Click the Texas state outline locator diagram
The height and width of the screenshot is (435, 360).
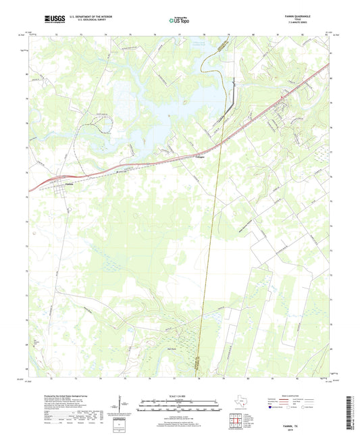point(238,403)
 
